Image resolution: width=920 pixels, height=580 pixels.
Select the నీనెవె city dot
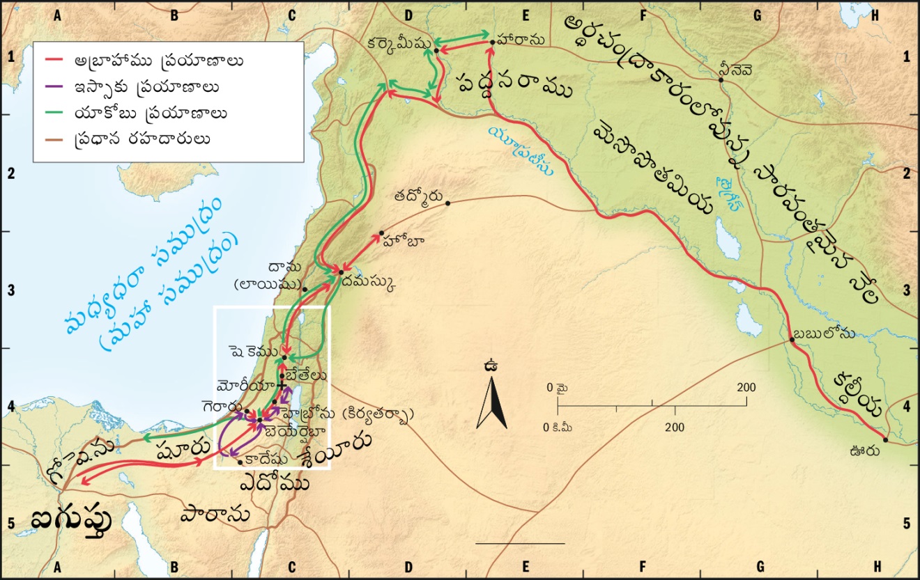(x=721, y=80)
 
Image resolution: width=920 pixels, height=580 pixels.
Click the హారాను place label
(x=522, y=41)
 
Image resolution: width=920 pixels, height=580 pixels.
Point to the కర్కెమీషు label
(x=399, y=43)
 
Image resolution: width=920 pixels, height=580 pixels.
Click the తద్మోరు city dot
(x=447, y=203)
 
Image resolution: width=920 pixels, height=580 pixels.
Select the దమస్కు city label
(x=371, y=283)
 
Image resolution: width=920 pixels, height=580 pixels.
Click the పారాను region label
(x=224, y=515)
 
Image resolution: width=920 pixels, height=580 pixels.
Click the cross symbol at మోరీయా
(x=281, y=385)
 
